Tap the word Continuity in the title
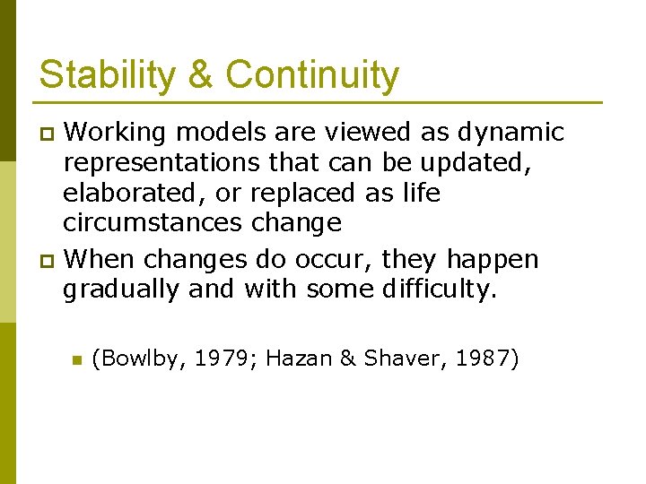coord(312,74)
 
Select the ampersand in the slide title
coord(201,74)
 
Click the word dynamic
coord(511,133)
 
